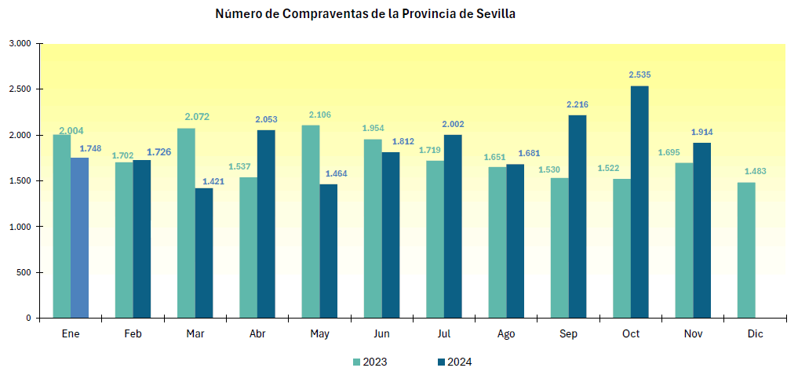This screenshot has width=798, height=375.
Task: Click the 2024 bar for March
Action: point(204,253)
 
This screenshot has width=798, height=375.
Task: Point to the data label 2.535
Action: point(639,75)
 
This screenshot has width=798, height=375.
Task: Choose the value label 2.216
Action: point(578,104)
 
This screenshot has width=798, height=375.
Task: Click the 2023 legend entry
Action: point(369,362)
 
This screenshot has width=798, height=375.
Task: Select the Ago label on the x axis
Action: point(506,334)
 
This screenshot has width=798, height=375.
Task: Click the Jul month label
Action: point(444,334)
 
